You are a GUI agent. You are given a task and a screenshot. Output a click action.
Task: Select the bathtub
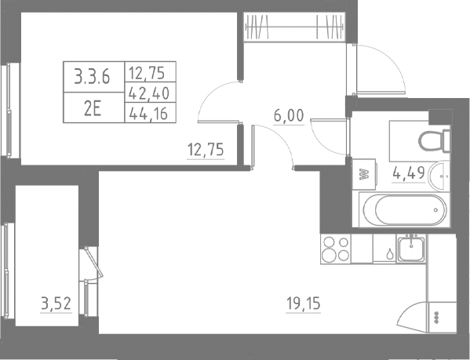(x=403, y=209)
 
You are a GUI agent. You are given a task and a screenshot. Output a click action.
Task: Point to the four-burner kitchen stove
(x=337, y=250)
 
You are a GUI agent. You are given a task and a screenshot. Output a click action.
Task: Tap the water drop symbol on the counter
(x=390, y=254)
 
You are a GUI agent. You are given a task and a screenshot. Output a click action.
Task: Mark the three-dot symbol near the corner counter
(x=436, y=317)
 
